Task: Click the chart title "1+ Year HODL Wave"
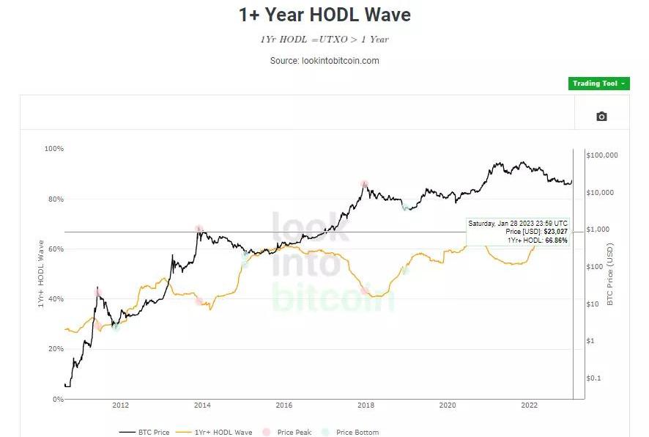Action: point(324,15)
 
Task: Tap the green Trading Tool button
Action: point(598,84)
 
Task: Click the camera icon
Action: point(601,117)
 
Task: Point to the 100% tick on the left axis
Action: point(55,149)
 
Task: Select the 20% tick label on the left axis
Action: point(55,349)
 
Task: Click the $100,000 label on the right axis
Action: point(603,155)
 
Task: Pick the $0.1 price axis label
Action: point(593,378)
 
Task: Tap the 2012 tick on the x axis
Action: point(120,405)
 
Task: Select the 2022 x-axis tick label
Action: point(529,405)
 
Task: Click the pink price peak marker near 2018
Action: point(364,184)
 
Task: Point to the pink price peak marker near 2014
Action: point(199,229)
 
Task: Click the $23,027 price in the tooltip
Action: point(555,232)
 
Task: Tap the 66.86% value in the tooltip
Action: point(555,240)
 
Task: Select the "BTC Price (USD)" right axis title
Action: point(610,275)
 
